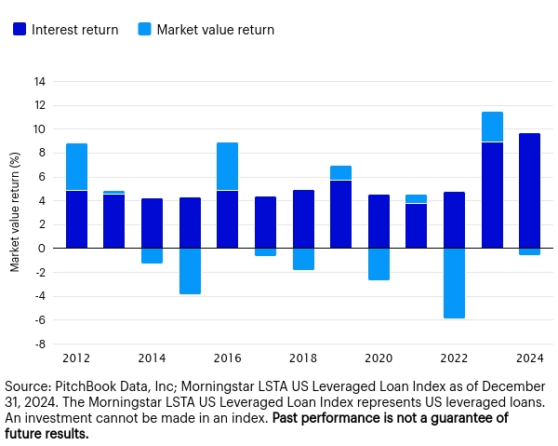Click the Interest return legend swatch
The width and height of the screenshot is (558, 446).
pos(20,30)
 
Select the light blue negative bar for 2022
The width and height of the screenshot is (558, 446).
pos(455,283)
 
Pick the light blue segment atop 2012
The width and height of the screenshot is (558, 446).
pos(76,168)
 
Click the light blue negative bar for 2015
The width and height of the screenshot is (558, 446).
pos(190,271)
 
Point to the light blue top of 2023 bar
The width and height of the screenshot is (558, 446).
pos(492,127)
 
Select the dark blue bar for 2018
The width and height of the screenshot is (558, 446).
pos(303,219)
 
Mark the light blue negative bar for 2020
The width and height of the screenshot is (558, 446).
pos(379,264)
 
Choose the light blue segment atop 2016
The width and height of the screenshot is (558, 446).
pos(227,167)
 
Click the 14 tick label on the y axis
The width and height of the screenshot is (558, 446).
pos(40,81)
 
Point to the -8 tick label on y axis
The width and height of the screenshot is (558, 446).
pos(40,344)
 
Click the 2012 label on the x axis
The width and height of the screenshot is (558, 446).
pos(76,358)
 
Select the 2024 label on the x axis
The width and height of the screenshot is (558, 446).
pos(529,358)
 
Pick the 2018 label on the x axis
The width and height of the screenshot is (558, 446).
pos(303,358)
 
